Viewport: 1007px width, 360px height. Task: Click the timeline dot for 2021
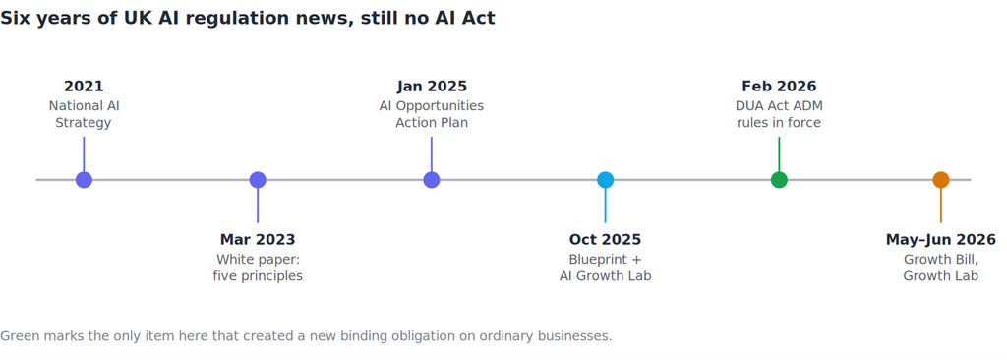[x=84, y=180]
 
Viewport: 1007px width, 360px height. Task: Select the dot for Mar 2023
[x=258, y=180]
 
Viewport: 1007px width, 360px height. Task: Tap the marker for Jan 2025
[x=432, y=180]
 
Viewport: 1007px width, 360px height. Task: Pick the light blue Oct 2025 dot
[x=605, y=180]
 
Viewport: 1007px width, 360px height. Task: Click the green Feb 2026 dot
[x=779, y=180]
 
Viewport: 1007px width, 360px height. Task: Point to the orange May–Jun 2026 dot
[x=941, y=180]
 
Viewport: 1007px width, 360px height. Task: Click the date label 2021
[x=84, y=87]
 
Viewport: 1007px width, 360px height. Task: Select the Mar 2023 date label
[x=258, y=240]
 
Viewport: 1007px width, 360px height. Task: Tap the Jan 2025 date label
[x=432, y=87]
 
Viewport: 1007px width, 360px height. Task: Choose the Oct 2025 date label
[x=605, y=240]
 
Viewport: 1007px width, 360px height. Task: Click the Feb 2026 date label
[x=779, y=87]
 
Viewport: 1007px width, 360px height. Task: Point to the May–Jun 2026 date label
[x=941, y=240]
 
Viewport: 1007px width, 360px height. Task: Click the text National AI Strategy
[x=84, y=114]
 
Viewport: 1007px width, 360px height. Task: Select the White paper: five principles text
[x=258, y=268]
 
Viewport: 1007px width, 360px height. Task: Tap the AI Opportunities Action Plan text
[x=432, y=114]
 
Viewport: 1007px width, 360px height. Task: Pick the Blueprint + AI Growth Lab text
[x=605, y=268]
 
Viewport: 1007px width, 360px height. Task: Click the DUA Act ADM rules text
[x=779, y=114]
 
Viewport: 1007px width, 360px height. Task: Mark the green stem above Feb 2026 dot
[x=779, y=154]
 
